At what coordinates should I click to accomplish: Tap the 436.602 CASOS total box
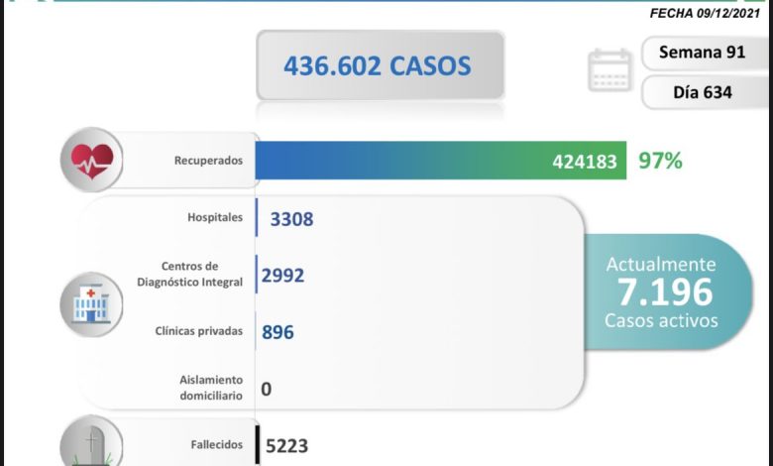(x=378, y=65)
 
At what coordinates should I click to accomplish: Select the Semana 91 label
(x=703, y=53)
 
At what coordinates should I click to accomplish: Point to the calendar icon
(x=609, y=70)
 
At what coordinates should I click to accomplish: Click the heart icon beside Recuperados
(x=91, y=159)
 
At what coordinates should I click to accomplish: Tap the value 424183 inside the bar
(x=585, y=161)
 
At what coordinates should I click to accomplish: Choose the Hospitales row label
(x=214, y=217)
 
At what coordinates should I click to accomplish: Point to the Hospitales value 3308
(x=291, y=218)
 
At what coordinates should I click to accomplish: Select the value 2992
(x=282, y=275)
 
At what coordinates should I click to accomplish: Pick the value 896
(x=277, y=332)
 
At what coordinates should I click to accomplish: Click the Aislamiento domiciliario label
(x=210, y=388)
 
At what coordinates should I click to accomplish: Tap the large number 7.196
(x=663, y=291)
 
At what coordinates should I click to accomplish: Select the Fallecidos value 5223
(x=287, y=446)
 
